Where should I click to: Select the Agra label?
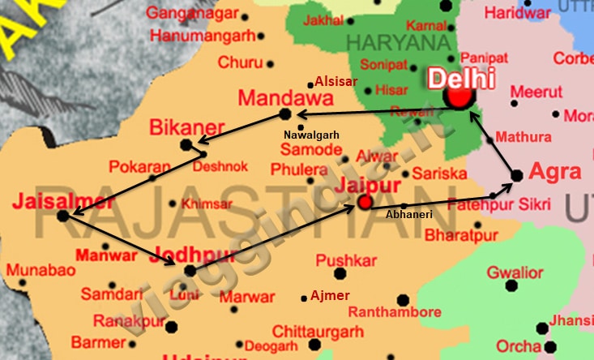555,172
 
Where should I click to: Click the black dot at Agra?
516,175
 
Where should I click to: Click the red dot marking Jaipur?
365,202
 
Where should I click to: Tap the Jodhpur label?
197,255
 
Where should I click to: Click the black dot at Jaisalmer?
63,216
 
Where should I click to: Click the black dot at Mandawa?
284,114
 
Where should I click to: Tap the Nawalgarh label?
310,134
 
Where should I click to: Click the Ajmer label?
330,296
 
